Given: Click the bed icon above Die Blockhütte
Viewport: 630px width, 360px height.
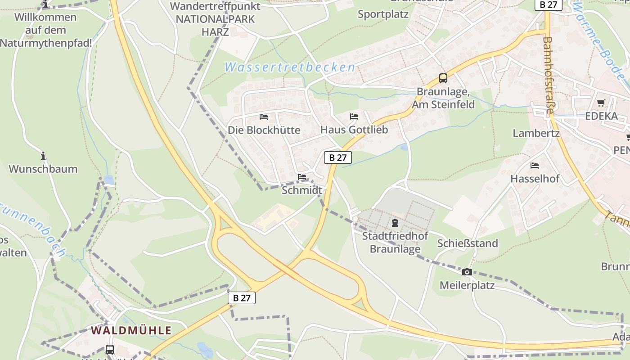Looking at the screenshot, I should pyautogui.click(x=264, y=117).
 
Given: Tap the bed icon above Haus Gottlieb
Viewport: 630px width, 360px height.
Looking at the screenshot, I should pyautogui.click(x=354, y=117).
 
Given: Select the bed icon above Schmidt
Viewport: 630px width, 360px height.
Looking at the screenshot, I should pyautogui.click(x=302, y=177).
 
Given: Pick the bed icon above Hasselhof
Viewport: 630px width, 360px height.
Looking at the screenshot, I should pyautogui.click(x=535, y=166).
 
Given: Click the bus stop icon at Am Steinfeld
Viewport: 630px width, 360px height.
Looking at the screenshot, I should pyautogui.click(x=443, y=78).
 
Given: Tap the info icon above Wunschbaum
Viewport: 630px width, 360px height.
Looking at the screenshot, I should pyautogui.click(x=43, y=156).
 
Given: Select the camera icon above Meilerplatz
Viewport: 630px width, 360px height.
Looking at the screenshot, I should pyautogui.click(x=467, y=272).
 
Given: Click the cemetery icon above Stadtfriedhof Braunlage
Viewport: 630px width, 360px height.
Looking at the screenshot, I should pyautogui.click(x=395, y=222).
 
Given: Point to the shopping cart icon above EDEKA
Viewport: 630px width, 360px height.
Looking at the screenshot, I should pyautogui.click(x=601, y=103).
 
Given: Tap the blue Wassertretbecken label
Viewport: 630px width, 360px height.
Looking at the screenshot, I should pyautogui.click(x=290, y=67).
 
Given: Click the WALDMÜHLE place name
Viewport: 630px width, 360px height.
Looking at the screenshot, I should pyautogui.click(x=131, y=330).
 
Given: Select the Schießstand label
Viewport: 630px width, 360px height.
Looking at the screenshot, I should pyautogui.click(x=468, y=243).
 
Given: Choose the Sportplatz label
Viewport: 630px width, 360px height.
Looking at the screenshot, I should pyautogui.click(x=383, y=14).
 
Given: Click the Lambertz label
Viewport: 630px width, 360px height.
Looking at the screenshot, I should pyautogui.click(x=536, y=133).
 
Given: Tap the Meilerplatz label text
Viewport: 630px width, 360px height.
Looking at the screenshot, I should pyautogui.click(x=467, y=285).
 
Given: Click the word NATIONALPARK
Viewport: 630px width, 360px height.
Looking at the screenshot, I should pyautogui.click(x=215, y=19).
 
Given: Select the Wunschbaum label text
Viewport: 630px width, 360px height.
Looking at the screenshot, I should pyautogui.click(x=43, y=169).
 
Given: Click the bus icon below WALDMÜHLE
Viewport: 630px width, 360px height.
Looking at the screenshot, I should pyautogui.click(x=109, y=349).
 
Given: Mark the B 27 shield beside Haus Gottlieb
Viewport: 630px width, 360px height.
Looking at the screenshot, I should pyautogui.click(x=337, y=157).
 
